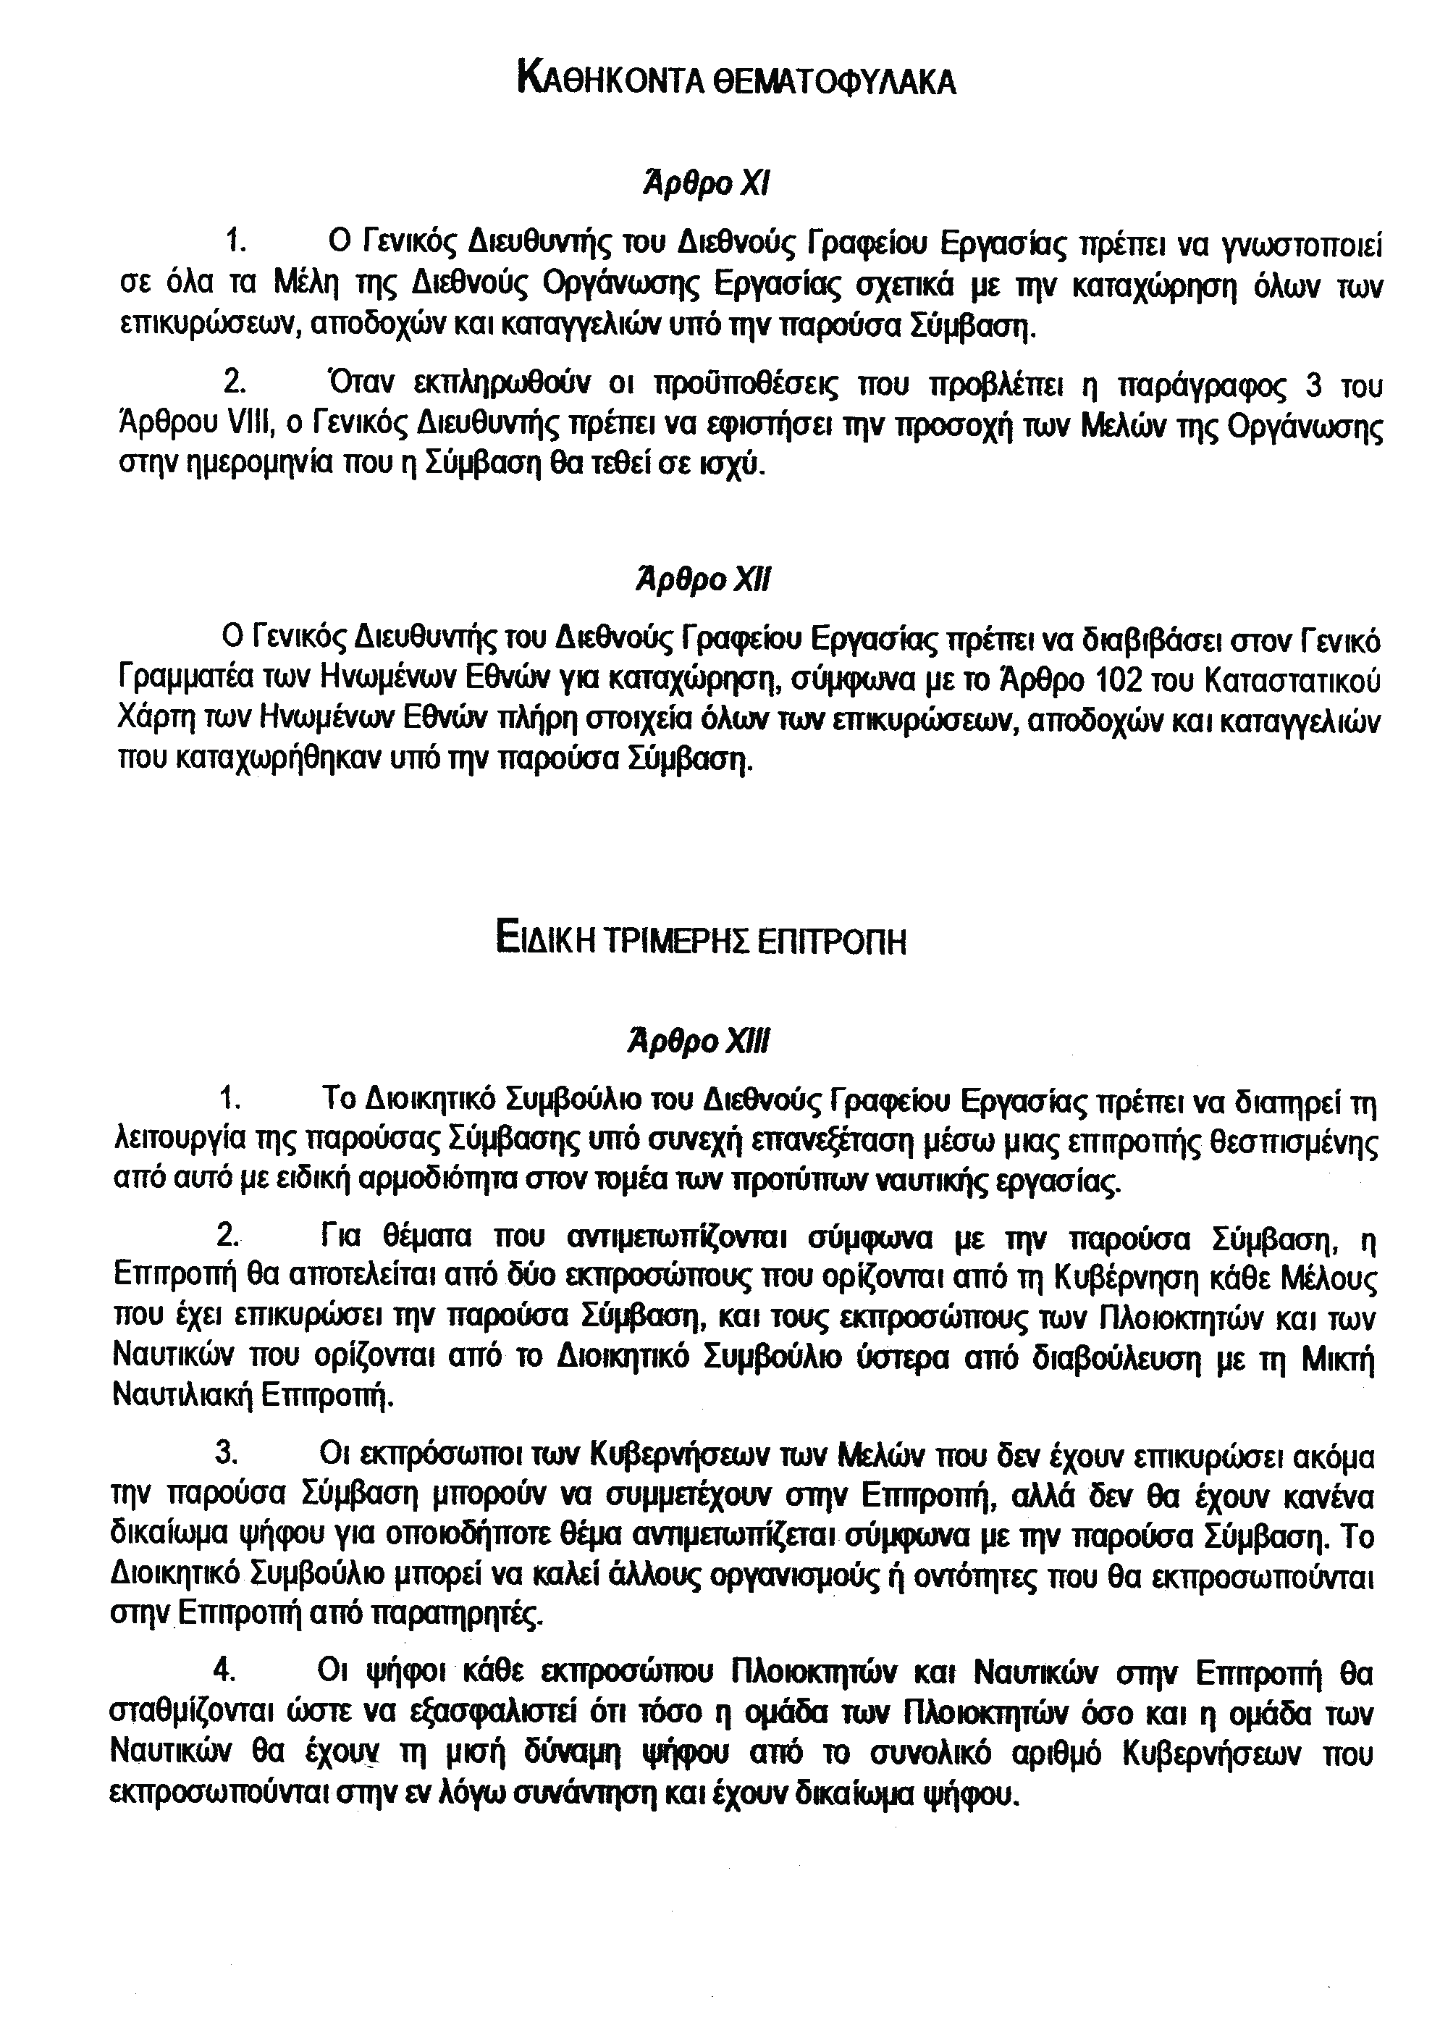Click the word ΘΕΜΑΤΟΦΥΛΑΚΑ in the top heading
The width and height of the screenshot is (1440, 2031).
point(833,82)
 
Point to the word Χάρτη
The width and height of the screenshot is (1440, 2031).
point(150,720)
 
